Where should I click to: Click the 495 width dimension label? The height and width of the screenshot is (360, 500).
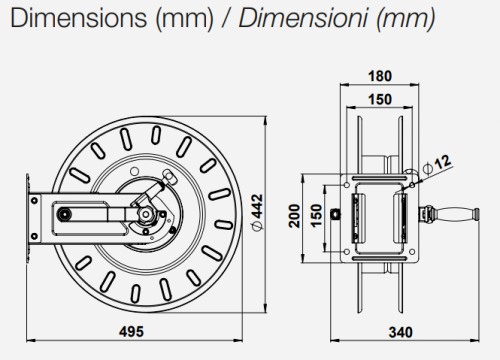pos(132,331)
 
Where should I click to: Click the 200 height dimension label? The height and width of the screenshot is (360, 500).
pos(295,216)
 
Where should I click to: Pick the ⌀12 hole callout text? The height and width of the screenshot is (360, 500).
pos(436,164)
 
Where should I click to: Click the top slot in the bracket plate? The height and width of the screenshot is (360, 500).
pos(380,177)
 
